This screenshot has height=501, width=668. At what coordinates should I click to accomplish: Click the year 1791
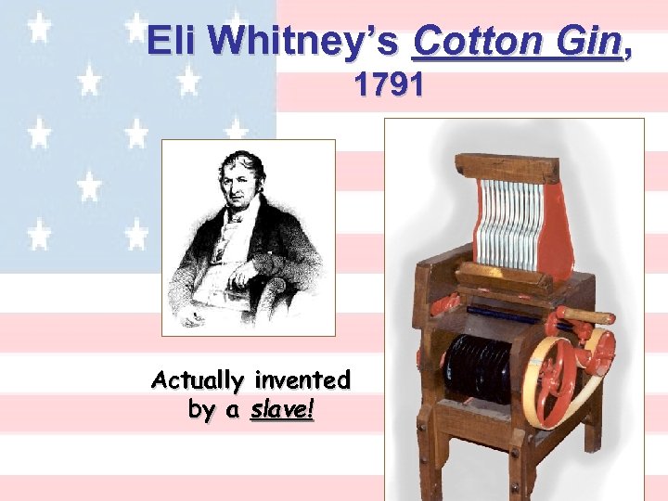pos(389,86)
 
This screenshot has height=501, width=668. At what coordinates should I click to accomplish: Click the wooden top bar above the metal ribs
pos(507,168)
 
